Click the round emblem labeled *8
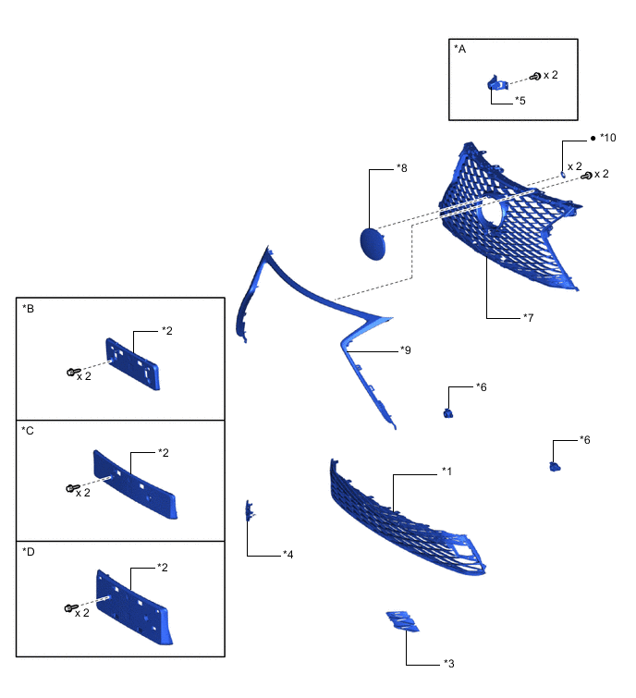point(373,245)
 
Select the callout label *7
point(528,318)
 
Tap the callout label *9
point(406,350)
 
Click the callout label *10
point(606,138)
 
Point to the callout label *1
point(446,472)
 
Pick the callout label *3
point(448,663)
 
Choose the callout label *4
point(287,555)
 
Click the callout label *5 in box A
point(520,100)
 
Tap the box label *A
point(460,48)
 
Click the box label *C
point(28,430)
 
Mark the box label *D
point(28,551)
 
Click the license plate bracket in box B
point(134,363)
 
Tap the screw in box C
point(71,487)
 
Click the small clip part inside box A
point(495,84)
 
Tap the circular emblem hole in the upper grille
point(491,214)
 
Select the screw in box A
point(534,76)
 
